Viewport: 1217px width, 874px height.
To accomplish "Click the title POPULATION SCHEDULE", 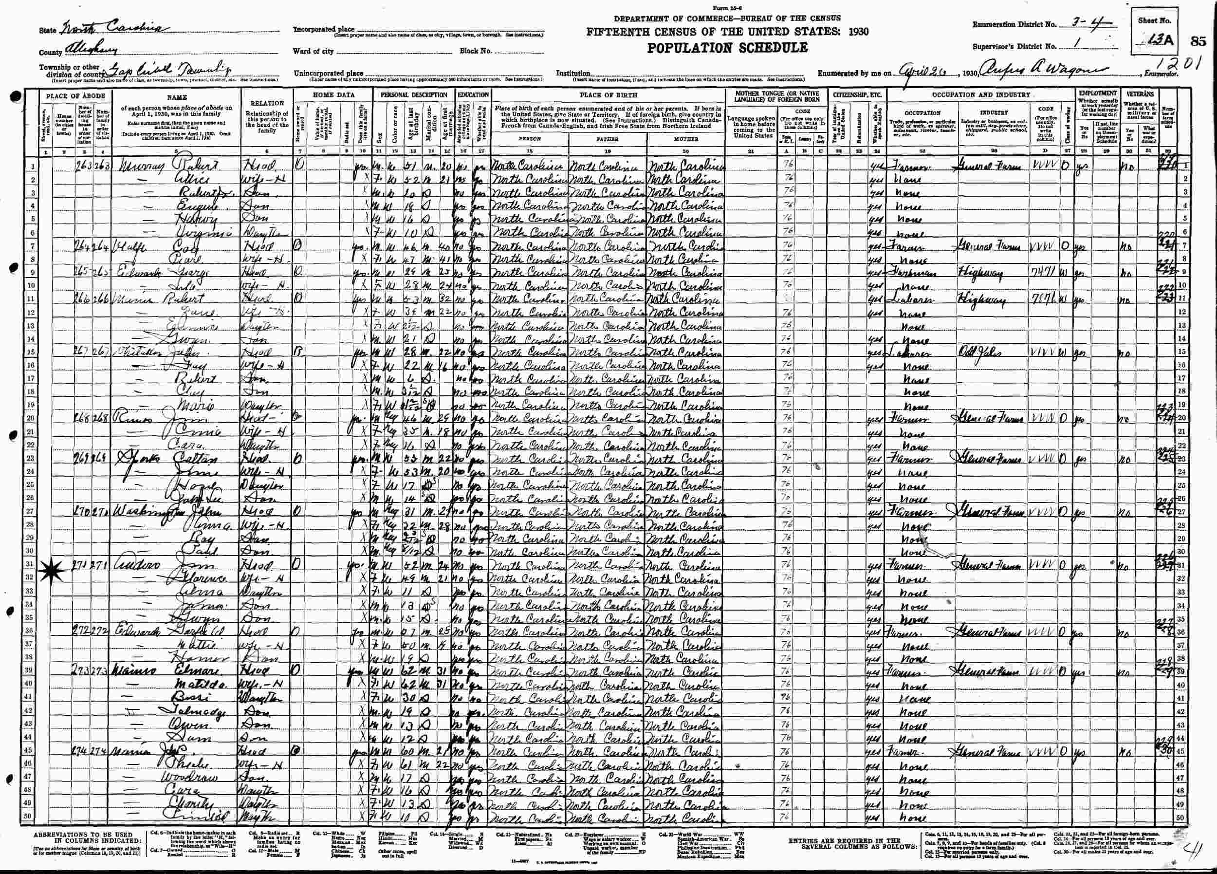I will tap(727, 48).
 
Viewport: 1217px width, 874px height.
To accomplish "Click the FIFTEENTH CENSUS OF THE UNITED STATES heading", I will tap(727, 32).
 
